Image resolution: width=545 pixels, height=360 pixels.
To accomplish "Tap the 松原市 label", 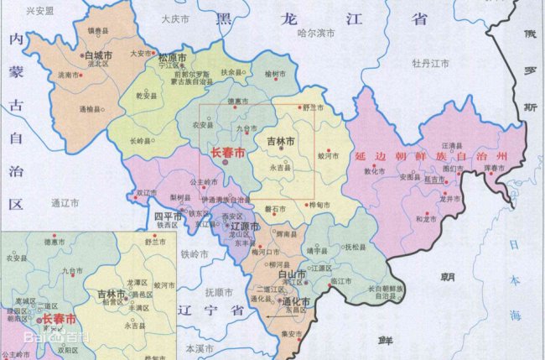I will pyautogui.click(x=172, y=57).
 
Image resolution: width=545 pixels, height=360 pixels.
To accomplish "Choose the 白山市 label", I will pyautogui.click(x=290, y=274).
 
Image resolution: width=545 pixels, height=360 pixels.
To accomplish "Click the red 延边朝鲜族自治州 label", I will pyautogui.click(x=432, y=156).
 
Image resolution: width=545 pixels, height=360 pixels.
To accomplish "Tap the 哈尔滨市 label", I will pyautogui.click(x=316, y=33).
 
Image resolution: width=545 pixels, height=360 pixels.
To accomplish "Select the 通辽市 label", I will pyautogui.click(x=64, y=202).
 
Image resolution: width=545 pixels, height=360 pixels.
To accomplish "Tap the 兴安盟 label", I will pyautogui.click(x=39, y=12).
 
